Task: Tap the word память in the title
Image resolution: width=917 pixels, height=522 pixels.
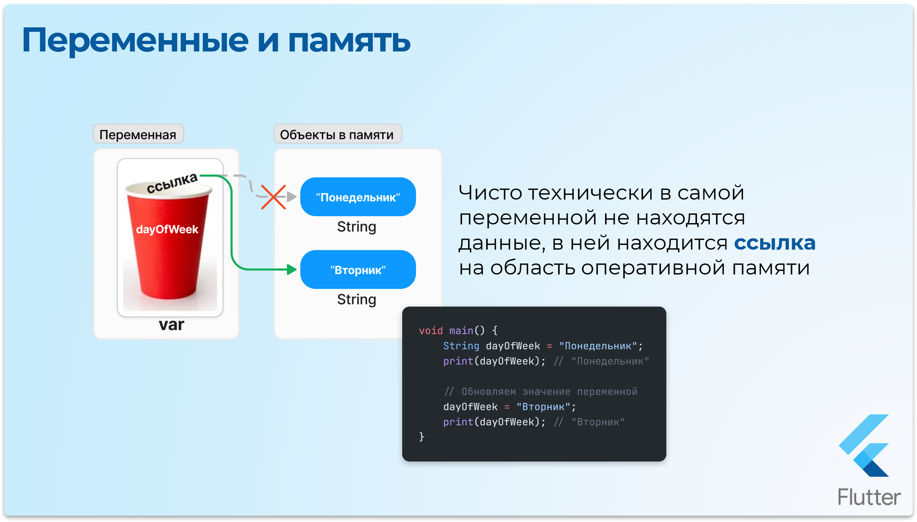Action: (349, 40)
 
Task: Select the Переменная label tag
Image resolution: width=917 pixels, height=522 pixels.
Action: (138, 135)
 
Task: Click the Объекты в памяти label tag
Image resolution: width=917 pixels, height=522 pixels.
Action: (337, 135)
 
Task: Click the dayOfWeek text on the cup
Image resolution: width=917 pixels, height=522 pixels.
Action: (167, 229)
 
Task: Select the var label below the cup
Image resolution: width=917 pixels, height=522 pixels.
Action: (171, 325)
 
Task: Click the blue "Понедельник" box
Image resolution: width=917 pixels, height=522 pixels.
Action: (357, 197)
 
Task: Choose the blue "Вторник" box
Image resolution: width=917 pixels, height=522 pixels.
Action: (357, 270)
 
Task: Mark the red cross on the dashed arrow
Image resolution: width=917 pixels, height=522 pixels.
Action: (273, 197)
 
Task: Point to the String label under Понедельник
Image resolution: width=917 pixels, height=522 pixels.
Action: (356, 227)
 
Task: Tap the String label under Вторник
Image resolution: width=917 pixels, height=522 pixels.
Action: (356, 299)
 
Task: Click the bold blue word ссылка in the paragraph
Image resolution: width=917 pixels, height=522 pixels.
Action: (774, 243)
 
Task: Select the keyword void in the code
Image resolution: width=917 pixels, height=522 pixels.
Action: (430, 331)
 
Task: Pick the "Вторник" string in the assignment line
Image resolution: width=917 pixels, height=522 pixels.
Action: (543, 407)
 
